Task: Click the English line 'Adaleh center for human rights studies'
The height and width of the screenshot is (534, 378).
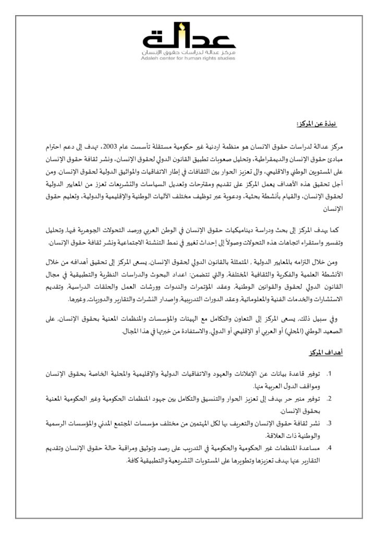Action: click(x=189, y=59)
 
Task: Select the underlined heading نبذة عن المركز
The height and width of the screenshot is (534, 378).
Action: click(x=315, y=124)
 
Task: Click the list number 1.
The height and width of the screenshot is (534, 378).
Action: click(x=329, y=374)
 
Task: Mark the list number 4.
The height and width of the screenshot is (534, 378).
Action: click(x=329, y=448)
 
